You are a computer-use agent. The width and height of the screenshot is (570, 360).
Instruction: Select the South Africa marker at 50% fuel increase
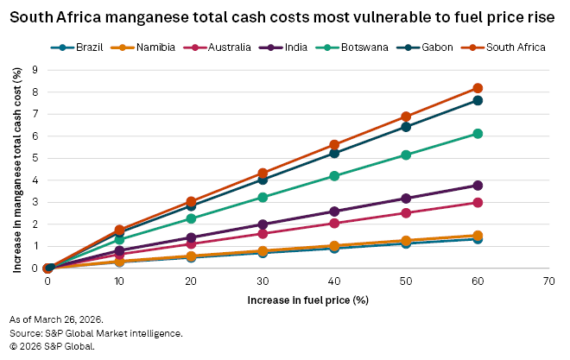tap(406, 117)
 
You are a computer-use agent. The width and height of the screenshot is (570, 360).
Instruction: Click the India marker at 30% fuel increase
tap(263, 224)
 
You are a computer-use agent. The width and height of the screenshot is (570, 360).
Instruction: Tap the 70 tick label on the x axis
tap(548, 282)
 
